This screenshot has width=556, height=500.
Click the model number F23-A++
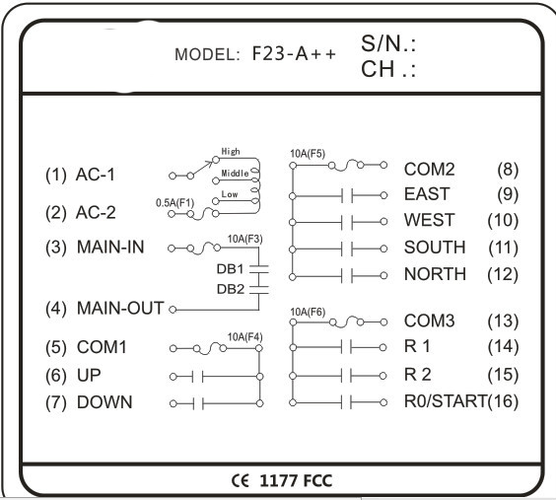tap(294, 54)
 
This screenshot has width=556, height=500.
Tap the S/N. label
tap(388, 44)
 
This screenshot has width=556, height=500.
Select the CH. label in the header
tap(388, 69)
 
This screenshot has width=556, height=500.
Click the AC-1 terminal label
tap(96, 175)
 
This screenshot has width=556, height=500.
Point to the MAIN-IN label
tap(110, 247)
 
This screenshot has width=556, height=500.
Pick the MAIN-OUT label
tap(120, 308)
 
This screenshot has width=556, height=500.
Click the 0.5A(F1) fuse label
tap(175, 203)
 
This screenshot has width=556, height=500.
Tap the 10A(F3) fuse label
tap(245, 239)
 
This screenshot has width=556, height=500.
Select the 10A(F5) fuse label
tap(308, 154)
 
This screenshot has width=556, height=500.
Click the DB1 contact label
tap(230, 269)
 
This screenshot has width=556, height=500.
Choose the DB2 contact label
tap(231, 289)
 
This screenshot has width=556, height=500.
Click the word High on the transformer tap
tap(231, 152)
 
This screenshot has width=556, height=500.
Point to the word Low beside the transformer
tap(230, 194)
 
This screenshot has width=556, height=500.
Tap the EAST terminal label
tap(427, 194)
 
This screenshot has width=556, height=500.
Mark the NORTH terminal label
tap(435, 274)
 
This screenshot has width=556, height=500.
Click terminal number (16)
tap(503, 401)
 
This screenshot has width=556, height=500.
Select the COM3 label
tap(429, 321)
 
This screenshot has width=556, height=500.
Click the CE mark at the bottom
tap(241, 481)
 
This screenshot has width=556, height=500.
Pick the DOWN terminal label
tap(104, 402)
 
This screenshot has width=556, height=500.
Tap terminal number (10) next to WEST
tap(503, 221)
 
